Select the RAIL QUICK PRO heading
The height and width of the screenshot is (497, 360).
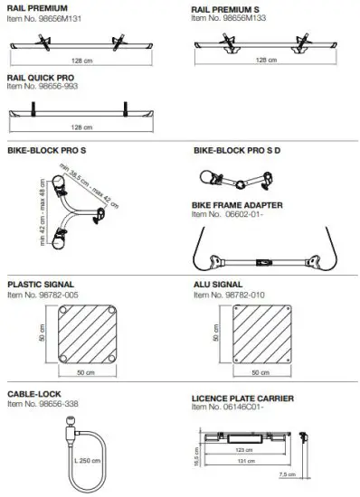coord(41,79)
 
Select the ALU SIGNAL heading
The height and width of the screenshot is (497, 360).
coord(218,283)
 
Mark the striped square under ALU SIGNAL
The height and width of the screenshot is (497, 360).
coord(262,335)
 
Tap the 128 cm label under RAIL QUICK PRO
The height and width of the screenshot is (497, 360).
coord(81,127)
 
